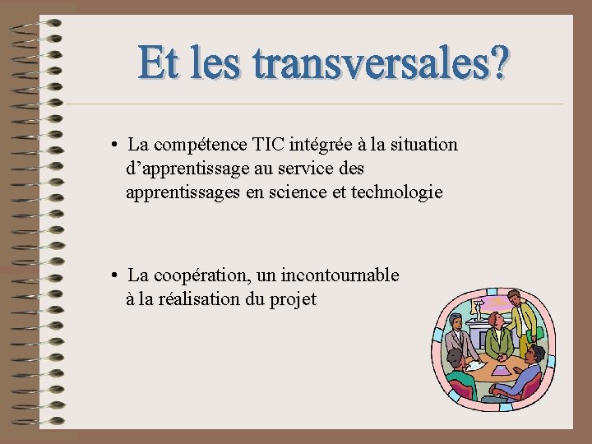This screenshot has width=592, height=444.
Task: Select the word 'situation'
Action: (x=422, y=146)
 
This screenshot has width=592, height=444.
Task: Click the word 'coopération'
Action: (x=203, y=275)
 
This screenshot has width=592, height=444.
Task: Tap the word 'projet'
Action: (x=293, y=300)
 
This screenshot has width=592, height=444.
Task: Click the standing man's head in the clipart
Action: (x=515, y=298)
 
